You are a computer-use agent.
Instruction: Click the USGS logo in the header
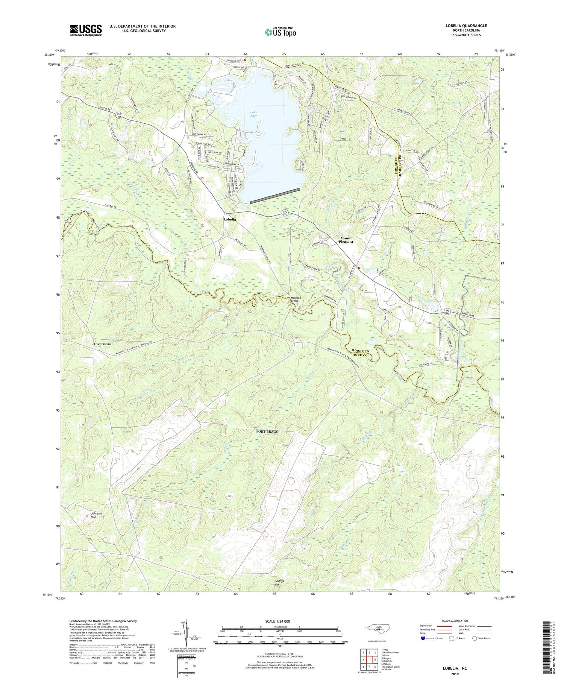click(x=86, y=30)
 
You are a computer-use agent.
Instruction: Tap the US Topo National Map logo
click(x=280, y=32)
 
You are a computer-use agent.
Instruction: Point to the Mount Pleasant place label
click(x=346, y=240)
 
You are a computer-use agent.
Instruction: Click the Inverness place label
click(x=102, y=344)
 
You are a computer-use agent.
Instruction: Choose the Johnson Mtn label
click(x=96, y=515)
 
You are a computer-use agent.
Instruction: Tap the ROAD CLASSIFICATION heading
click(x=455, y=621)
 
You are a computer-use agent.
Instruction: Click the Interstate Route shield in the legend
click(x=423, y=638)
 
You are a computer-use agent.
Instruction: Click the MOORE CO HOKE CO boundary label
click(x=360, y=353)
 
